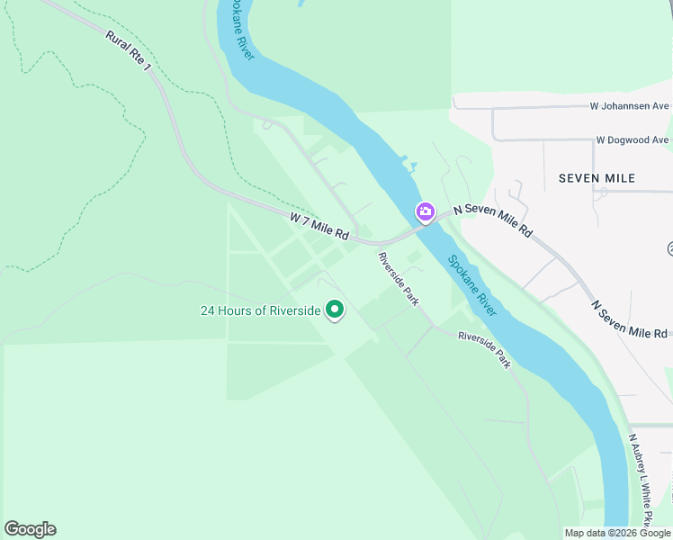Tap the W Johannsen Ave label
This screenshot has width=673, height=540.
click(629, 106)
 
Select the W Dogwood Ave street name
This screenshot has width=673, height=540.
click(633, 140)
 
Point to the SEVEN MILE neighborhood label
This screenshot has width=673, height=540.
click(597, 178)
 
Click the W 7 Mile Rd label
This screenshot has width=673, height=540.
click(319, 226)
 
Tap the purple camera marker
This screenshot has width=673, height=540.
click(425, 212)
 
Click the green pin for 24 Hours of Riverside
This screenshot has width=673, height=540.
click(335, 310)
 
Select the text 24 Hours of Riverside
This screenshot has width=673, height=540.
click(260, 311)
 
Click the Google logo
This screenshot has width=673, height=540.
click(30, 529)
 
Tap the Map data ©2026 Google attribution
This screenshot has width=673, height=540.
click(618, 533)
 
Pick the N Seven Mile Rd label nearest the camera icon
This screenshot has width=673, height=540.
click(492, 220)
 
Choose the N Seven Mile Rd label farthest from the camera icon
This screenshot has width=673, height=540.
click(629, 320)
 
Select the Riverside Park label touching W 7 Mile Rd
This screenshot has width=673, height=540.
click(399, 278)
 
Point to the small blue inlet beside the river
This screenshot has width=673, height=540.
click(411, 166)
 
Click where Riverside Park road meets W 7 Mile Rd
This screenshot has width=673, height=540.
click(379, 244)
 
